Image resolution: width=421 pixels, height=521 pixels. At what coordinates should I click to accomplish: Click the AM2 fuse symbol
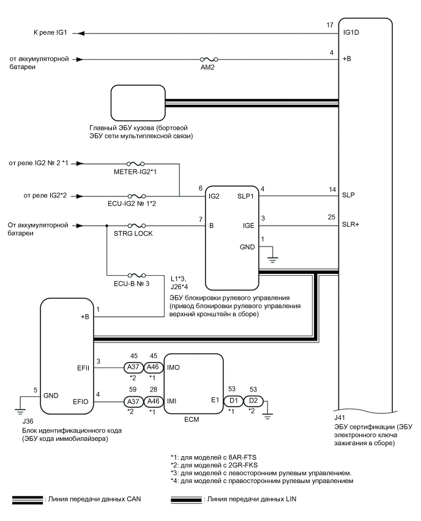click(209, 59)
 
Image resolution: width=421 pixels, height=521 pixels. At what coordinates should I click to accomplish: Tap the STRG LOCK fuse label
click(133, 234)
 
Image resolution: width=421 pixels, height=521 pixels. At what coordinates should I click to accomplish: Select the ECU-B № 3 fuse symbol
click(136, 275)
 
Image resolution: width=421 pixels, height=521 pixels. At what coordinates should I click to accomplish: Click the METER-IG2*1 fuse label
click(135, 172)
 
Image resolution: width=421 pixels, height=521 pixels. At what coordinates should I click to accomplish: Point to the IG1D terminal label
click(351, 32)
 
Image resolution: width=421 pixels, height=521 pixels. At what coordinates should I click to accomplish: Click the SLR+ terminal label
click(351, 224)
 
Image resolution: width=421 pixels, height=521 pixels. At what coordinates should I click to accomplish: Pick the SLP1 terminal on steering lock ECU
click(245, 196)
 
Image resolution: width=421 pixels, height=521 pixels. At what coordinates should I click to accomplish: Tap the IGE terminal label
click(248, 225)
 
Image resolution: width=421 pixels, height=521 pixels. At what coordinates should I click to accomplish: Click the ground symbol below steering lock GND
click(272, 259)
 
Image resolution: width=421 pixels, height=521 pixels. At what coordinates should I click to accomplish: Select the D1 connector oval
click(234, 401)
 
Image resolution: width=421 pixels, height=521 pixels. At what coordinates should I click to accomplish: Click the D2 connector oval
click(253, 401)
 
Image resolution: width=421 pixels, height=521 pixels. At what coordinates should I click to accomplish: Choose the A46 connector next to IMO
click(153, 367)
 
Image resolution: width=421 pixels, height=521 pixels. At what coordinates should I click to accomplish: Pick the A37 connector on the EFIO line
click(133, 401)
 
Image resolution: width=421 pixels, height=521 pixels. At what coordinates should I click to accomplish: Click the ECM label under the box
click(192, 419)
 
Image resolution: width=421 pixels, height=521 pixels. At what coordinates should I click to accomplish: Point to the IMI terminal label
click(171, 401)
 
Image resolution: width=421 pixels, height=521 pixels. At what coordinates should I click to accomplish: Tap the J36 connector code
click(28, 421)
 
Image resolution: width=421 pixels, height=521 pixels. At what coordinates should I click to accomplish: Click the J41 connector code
click(340, 418)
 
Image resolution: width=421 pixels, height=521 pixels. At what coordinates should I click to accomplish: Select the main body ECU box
click(138, 103)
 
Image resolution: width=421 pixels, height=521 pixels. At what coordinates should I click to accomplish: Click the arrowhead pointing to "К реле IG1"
click(81, 33)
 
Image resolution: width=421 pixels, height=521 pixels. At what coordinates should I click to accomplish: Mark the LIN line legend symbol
click(186, 500)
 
